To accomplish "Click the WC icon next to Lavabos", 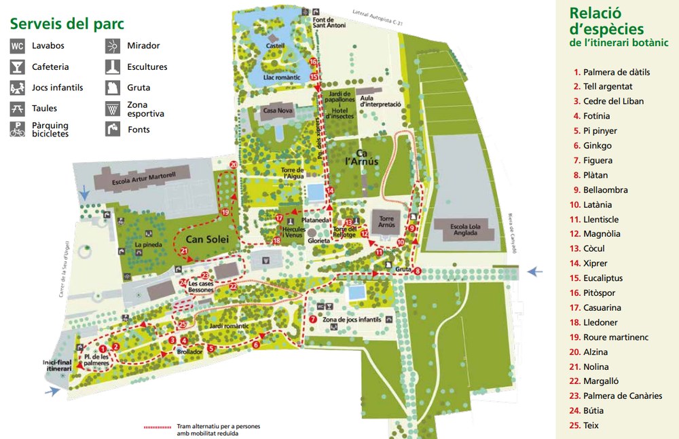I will click(18, 46).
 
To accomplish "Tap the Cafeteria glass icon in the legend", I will click(18, 67).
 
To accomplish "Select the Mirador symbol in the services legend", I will click(113, 46).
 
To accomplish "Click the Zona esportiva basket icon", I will click(113, 109).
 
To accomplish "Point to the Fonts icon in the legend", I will click(113, 130).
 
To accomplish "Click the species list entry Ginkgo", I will click(597, 145).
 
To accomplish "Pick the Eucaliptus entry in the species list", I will click(602, 278).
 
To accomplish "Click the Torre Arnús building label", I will click(386, 222).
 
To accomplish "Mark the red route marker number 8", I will click(417, 271).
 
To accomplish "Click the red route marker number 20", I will click(234, 164).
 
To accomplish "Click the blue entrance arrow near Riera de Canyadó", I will click(536, 271).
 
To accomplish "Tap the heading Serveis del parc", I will click(67, 24).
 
